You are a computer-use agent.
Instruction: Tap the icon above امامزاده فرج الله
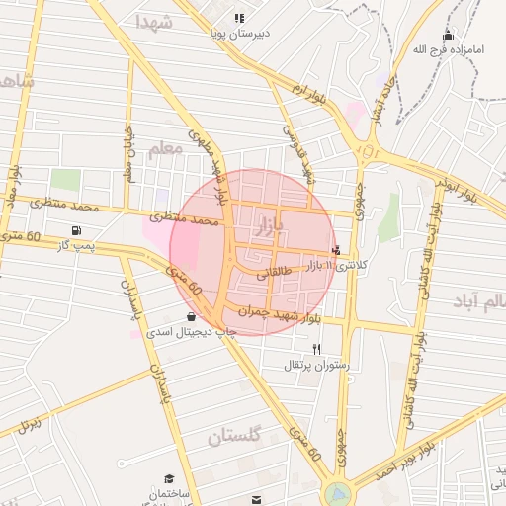pyautogui.click(x=448, y=36)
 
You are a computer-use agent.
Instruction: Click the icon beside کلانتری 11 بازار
pyautogui.click(x=337, y=250)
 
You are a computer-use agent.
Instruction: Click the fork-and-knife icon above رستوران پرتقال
pyautogui.click(x=317, y=349)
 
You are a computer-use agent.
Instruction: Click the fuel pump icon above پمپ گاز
pyautogui.click(x=77, y=230)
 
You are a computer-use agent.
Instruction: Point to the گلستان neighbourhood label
pyautogui.click(x=240, y=436)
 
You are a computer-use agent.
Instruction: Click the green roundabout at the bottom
pyautogui.click(x=336, y=492)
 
